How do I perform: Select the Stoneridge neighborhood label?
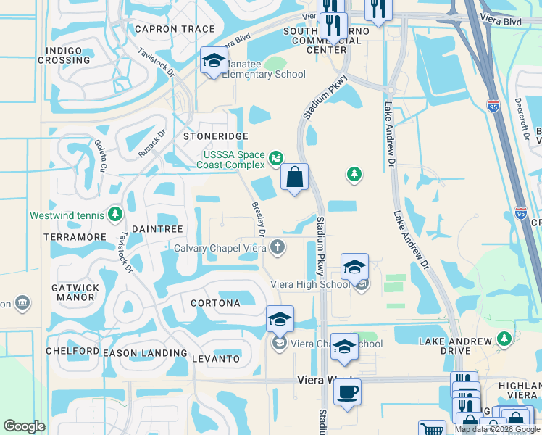coord(216,136)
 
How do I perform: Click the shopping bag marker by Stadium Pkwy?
coord(294,177)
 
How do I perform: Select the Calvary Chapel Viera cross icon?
coord(276,249)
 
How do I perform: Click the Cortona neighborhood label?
coord(215,303)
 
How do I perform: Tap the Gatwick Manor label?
coord(75,292)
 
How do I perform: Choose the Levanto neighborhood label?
coord(215,359)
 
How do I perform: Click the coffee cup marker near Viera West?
coord(347,391)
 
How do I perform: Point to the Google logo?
coord(24,426)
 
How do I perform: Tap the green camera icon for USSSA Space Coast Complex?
coord(275,157)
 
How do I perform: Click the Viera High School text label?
coord(310,284)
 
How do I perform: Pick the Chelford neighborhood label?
coord(72,351)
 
